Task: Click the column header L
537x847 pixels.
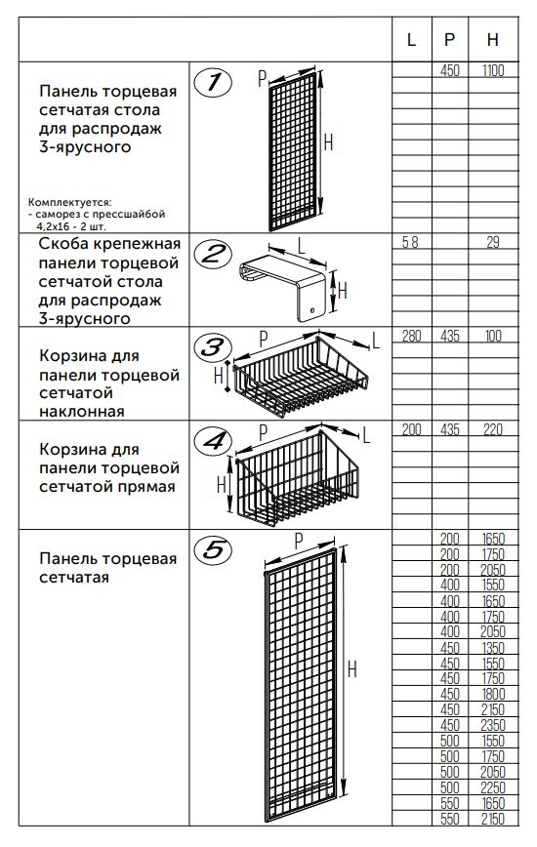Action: [x=411, y=39]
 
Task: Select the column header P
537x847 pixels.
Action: [x=449, y=39]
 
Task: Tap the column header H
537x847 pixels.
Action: [x=493, y=39]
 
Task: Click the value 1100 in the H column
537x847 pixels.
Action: [x=493, y=71]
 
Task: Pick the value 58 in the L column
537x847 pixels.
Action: [x=411, y=243]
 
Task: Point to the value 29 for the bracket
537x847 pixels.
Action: [x=493, y=243]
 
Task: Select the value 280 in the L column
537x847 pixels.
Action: [x=411, y=336]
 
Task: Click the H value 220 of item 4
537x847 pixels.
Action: [x=493, y=429]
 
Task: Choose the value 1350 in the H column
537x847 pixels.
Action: [x=493, y=648]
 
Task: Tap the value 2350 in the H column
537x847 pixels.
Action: [x=493, y=725]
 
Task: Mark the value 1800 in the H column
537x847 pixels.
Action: [x=493, y=694]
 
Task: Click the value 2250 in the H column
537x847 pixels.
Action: [x=493, y=788]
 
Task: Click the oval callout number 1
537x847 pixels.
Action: [x=213, y=83]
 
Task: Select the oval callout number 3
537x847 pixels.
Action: [x=213, y=346]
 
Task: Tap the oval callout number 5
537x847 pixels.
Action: [x=213, y=550]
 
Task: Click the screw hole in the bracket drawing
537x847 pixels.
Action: [x=311, y=310]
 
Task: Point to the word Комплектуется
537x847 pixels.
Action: [x=70, y=204]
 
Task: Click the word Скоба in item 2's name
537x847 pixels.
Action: [x=61, y=244]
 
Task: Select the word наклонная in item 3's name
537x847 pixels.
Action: [x=82, y=412]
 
